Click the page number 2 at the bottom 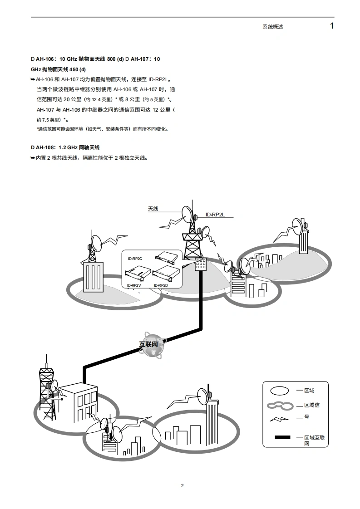click(182, 486)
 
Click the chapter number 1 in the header click(332, 26)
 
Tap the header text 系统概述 click(272, 27)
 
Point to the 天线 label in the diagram click(153, 209)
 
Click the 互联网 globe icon click(151, 345)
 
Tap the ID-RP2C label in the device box click(135, 258)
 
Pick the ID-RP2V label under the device click(134, 285)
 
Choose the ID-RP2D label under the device click(160, 285)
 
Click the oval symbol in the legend click(279, 391)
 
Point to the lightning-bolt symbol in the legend click(281, 418)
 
